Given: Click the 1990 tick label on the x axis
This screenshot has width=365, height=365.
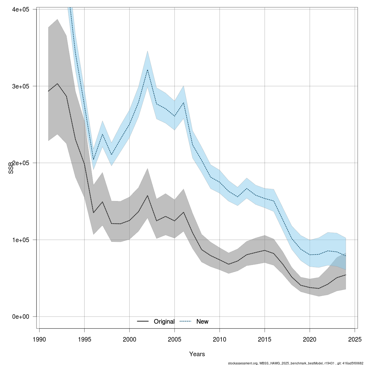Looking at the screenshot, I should (x=39, y=339).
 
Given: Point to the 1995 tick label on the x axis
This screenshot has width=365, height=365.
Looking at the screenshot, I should (x=84, y=339).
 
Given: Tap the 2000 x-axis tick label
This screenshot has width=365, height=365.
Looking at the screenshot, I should (x=129, y=339).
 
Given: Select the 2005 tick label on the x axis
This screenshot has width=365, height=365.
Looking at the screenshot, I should (x=175, y=339).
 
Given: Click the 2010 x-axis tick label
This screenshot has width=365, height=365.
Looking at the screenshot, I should (x=220, y=339).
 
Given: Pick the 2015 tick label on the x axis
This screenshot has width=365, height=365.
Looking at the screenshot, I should (x=265, y=339).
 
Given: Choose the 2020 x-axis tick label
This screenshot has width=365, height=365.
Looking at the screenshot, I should (x=310, y=339).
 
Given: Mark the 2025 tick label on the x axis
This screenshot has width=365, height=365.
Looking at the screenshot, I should (x=355, y=339).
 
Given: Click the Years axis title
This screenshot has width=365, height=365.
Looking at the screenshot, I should (x=197, y=354).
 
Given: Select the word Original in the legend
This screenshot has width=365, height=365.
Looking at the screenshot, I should (x=164, y=322).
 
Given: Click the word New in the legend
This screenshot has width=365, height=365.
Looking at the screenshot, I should (x=202, y=322).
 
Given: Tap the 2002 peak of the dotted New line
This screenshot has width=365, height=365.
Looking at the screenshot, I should (x=148, y=70).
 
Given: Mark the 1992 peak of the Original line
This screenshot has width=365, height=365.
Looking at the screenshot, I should (x=57, y=84).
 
